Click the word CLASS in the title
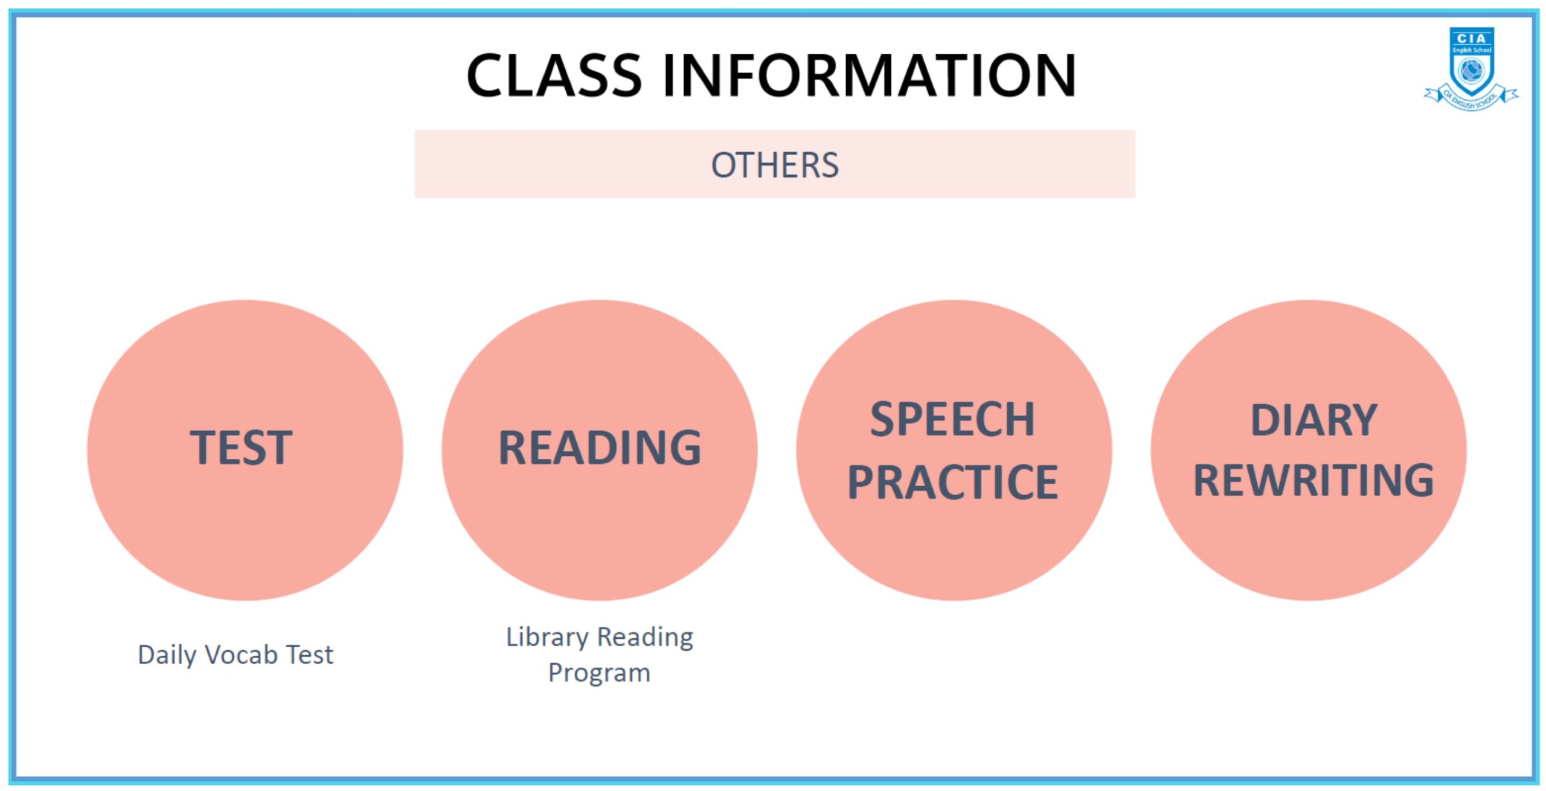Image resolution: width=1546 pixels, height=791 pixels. [x=554, y=75]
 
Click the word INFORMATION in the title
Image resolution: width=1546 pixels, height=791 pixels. [x=870, y=75]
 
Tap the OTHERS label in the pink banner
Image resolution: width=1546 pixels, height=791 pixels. [x=775, y=165]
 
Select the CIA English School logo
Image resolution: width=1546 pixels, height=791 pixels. [x=1472, y=69]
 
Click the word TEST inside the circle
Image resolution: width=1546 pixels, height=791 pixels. [x=241, y=447]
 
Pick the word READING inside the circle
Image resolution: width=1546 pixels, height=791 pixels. [x=600, y=447]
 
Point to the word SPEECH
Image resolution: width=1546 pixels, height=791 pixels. [x=952, y=419]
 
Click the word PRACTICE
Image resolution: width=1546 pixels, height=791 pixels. [x=952, y=482]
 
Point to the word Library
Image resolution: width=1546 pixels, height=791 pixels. [x=547, y=638]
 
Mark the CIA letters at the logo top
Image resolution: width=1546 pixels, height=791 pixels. [x=1472, y=38]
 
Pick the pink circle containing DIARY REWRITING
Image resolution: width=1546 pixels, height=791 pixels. [x=1309, y=450]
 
